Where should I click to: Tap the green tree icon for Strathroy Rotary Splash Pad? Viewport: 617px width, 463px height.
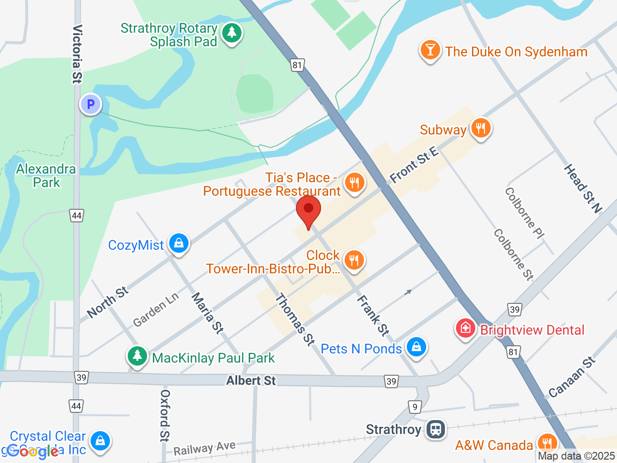232,33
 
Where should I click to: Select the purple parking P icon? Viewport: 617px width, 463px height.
90,104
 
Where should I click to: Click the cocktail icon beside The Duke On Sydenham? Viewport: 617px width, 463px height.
430,50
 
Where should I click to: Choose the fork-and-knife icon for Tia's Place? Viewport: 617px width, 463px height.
354,183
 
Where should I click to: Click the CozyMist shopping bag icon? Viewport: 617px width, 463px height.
179,244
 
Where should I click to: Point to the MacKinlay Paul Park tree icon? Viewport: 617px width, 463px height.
137,356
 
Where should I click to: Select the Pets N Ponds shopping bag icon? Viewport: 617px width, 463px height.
416,347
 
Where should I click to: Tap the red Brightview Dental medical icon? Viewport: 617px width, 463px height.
465,329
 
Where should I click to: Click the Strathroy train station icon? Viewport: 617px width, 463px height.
436,429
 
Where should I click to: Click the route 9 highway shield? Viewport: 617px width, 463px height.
415,407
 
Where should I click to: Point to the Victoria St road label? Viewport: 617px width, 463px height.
77,54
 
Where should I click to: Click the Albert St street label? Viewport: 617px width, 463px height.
251,381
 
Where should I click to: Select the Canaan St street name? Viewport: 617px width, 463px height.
572,377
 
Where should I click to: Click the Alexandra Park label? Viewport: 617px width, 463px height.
46,176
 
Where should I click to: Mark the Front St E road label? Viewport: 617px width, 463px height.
414,165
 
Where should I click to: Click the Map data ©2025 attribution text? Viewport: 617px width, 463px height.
576,456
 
